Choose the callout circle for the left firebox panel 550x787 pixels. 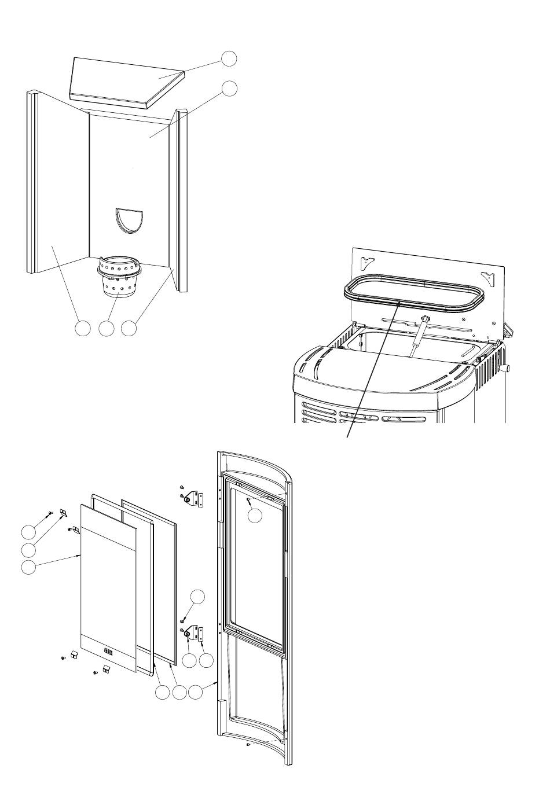(83, 328)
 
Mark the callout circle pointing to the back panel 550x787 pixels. (229, 88)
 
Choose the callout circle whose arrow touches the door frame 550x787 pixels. (197, 692)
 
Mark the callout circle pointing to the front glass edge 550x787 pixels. (27, 568)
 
